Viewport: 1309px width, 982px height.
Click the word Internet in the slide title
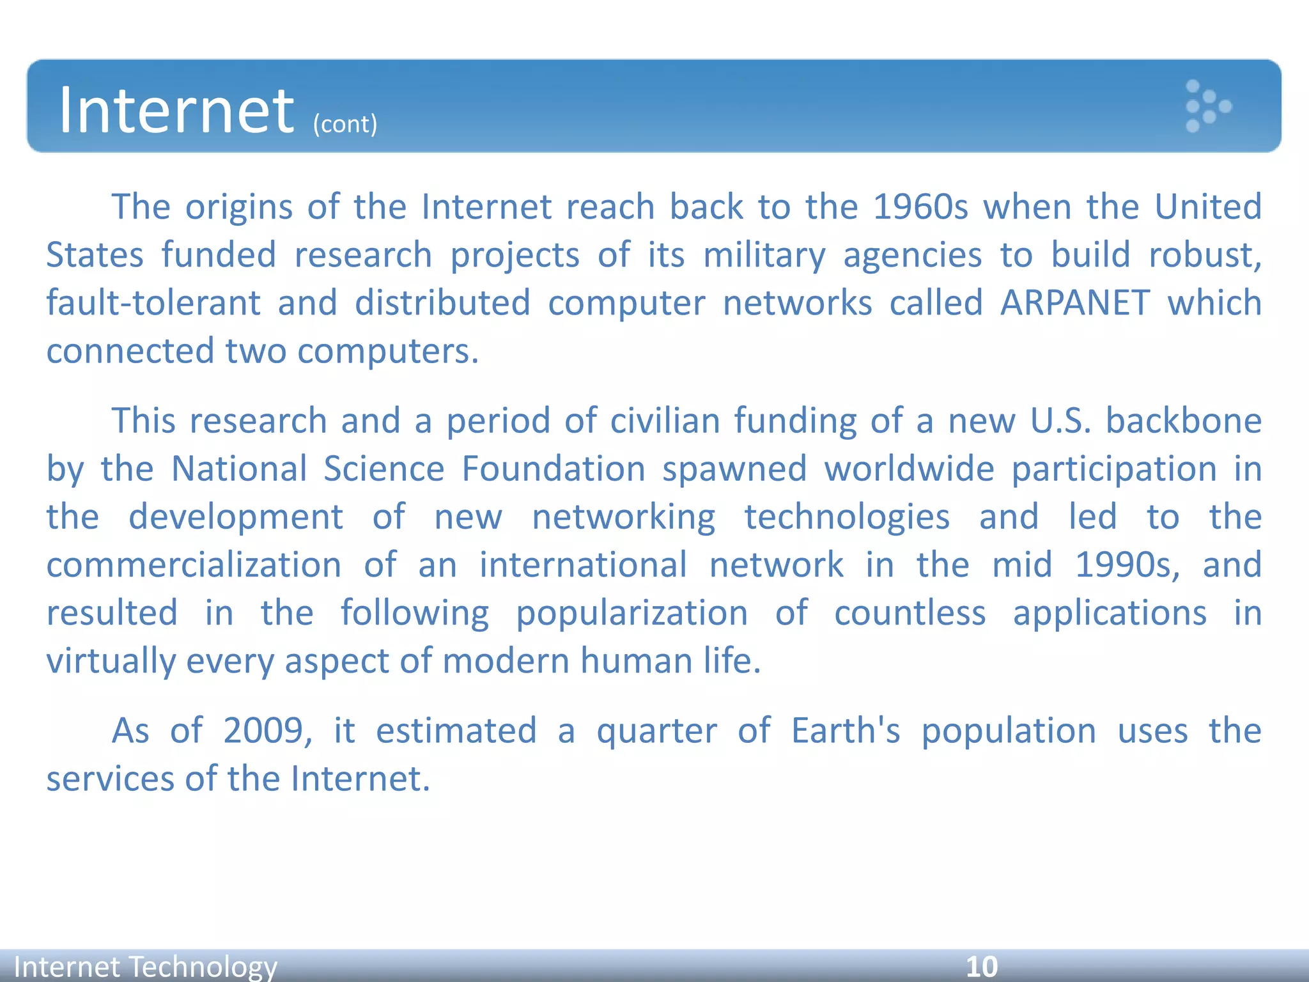tap(176, 111)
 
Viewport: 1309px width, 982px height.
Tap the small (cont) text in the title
tap(345, 124)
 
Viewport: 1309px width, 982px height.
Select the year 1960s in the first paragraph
tap(920, 207)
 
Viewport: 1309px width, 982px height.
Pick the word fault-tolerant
tap(153, 303)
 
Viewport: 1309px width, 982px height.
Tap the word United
tap(1208, 207)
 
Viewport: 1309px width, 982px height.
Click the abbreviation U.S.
tap(1060, 421)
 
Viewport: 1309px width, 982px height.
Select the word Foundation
tap(554, 469)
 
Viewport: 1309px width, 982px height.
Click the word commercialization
tap(194, 565)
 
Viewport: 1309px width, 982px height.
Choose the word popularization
tap(632, 614)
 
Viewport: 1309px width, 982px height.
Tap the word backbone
tap(1184, 421)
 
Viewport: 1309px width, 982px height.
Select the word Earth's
tap(846, 731)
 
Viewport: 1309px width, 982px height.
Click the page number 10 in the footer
tap(982, 967)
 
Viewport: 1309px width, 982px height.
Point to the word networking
tap(624, 518)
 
